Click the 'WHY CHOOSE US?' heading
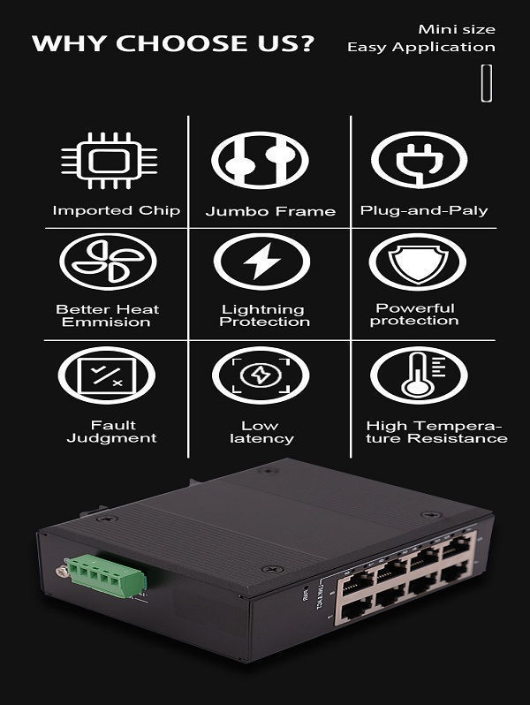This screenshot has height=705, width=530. pos(173,44)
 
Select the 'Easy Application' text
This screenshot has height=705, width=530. pos(420,47)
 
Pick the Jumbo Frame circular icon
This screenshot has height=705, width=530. pos(259,161)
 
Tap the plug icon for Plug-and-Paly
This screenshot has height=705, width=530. pos(419,160)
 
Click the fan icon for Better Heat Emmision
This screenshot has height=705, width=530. pos(108,262)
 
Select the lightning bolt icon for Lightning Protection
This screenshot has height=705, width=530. pos(261,262)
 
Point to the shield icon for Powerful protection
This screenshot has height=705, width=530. pos(417,262)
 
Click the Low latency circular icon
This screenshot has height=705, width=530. pos(261,375)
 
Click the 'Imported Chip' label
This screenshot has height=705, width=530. pos(116,210)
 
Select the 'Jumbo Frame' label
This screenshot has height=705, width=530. pos(270,212)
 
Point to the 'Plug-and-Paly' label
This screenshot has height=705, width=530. pos(424,210)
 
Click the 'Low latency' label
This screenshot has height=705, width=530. pos(267,432)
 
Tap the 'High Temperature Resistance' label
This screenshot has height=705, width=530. pos(436,432)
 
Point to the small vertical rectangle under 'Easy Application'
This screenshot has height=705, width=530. pos(486,83)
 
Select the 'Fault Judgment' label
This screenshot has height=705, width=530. pos(112,432)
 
